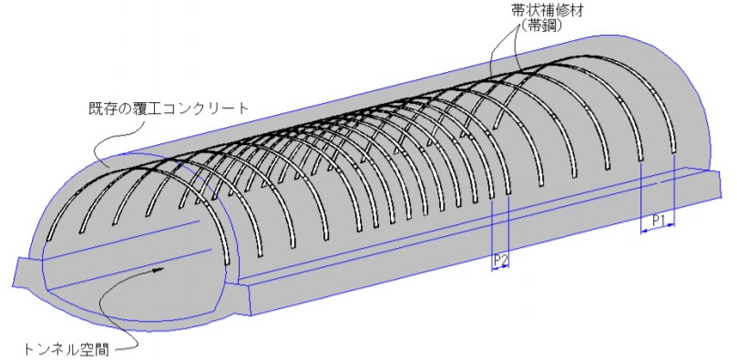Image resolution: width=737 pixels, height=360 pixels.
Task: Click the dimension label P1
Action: click(x=660, y=220)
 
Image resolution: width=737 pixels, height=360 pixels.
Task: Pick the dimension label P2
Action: click(x=500, y=260)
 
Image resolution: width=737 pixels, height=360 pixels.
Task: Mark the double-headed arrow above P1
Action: click(x=659, y=231)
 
